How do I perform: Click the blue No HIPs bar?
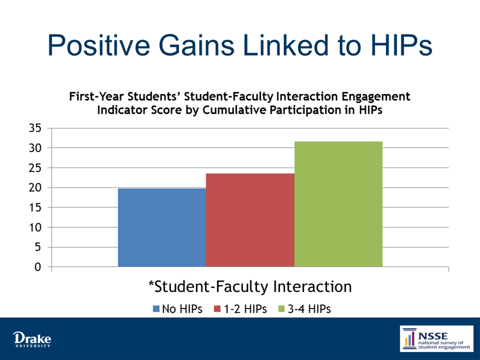point(162,228)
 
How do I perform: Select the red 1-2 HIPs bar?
point(250,220)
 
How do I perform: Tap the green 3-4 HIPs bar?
point(339,204)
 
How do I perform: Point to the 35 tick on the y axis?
point(35,128)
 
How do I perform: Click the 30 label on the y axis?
point(35,148)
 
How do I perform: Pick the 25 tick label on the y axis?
point(35,168)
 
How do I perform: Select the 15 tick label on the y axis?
point(35,208)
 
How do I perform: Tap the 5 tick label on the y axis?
point(38,247)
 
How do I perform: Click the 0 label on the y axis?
point(38,267)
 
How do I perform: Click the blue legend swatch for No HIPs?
point(156,309)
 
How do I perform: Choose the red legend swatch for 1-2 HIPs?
point(217,309)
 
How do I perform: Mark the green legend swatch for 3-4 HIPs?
point(281,309)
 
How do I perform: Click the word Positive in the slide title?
point(99,45)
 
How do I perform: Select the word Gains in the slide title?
point(196,45)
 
